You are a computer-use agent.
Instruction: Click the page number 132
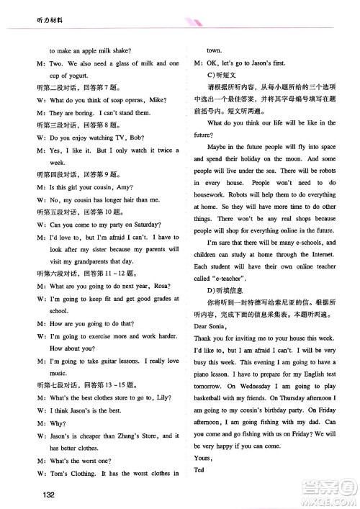pyautogui.click(x=49, y=494)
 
